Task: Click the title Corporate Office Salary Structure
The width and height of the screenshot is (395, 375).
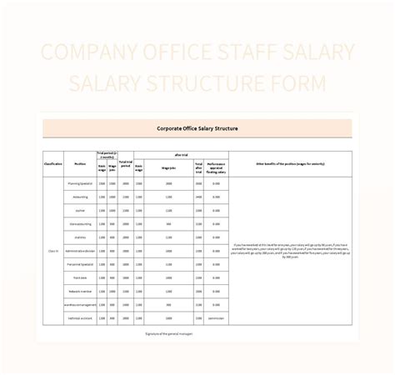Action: click(x=197, y=129)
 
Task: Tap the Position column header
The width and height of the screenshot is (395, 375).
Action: click(x=79, y=164)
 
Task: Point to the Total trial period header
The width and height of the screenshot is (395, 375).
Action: click(x=125, y=164)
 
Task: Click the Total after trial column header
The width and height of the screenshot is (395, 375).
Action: click(x=198, y=167)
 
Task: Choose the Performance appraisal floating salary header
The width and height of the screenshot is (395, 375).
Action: click(x=217, y=167)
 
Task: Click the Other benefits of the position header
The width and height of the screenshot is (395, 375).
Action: click(x=291, y=164)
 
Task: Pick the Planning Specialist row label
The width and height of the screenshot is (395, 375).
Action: click(x=79, y=182)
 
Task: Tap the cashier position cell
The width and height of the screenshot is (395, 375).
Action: click(x=79, y=210)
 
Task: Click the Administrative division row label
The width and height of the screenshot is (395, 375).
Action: click(x=79, y=250)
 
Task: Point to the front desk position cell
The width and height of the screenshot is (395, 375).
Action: click(x=79, y=277)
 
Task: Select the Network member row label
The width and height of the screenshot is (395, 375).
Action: click(x=79, y=291)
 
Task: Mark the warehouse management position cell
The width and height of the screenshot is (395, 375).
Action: click(x=79, y=304)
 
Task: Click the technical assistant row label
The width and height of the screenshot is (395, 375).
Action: click(x=79, y=317)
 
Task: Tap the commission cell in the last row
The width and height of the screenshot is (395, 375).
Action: click(x=217, y=317)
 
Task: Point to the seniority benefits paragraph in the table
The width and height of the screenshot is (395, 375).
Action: click(x=291, y=250)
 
